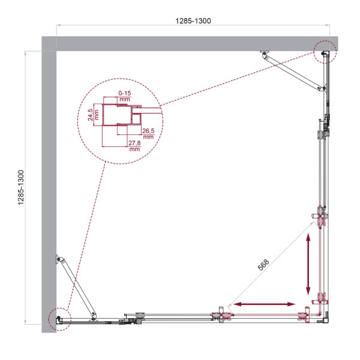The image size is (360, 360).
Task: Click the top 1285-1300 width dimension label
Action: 193,20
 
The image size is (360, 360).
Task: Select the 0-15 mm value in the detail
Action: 125,96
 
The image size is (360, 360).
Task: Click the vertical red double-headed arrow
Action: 308,263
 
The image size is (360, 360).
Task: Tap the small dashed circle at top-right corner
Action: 325,53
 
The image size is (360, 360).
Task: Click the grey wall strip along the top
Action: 180,44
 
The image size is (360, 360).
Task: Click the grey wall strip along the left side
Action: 49,180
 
